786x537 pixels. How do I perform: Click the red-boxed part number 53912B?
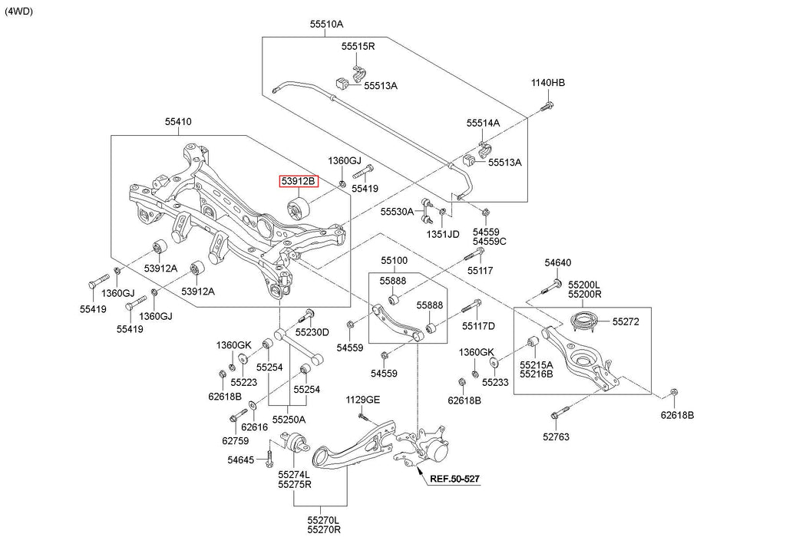click(x=297, y=182)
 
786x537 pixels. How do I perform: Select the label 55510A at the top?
click(x=326, y=24)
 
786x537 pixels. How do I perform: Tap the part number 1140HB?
click(x=548, y=83)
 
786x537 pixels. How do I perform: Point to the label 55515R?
click(x=358, y=47)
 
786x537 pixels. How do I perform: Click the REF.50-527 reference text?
click(x=454, y=479)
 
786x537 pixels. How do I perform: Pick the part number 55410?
click(x=178, y=121)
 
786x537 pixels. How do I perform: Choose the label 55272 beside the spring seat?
click(x=626, y=322)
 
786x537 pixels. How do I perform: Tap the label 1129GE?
click(x=362, y=400)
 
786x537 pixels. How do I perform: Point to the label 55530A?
click(x=397, y=210)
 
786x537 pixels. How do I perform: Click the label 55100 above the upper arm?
click(x=394, y=262)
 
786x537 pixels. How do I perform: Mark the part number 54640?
click(x=558, y=263)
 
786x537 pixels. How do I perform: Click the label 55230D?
click(x=312, y=332)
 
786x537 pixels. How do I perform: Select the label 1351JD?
click(x=444, y=233)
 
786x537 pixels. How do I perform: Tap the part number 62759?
click(x=236, y=440)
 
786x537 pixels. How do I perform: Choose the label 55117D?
click(x=478, y=326)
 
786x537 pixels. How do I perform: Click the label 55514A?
click(x=483, y=123)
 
